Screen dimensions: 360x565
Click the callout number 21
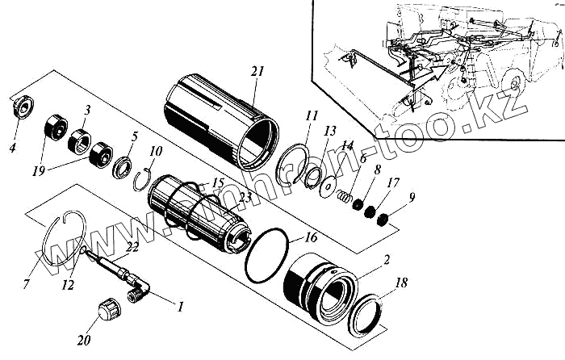(x=257, y=73)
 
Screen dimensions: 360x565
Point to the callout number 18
(x=400, y=283)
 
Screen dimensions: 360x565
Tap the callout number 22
(x=132, y=246)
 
